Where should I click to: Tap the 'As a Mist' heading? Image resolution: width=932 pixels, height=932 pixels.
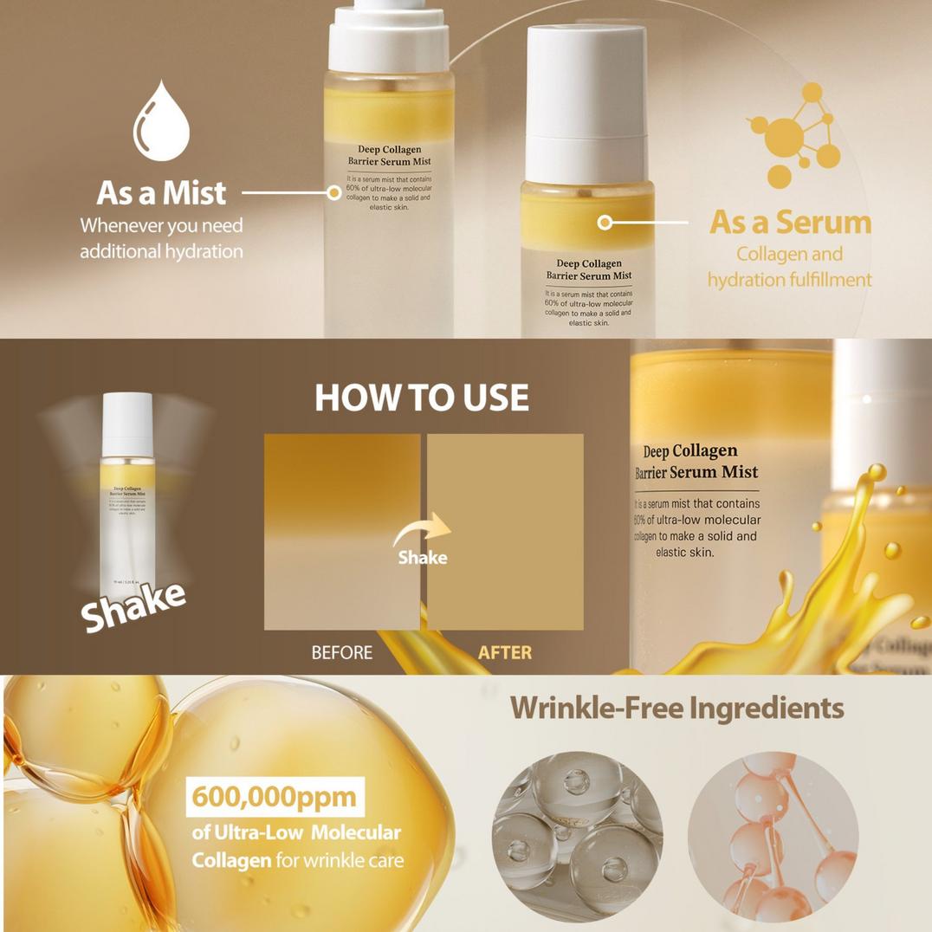pyautogui.click(x=161, y=192)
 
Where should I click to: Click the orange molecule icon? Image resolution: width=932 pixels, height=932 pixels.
pyautogui.click(x=793, y=135)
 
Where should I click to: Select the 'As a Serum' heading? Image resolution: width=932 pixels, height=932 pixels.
pyautogui.click(x=790, y=223)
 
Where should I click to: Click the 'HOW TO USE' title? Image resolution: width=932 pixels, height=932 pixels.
pyautogui.click(x=421, y=398)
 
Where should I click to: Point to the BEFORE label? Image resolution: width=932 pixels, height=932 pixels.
pyautogui.click(x=342, y=652)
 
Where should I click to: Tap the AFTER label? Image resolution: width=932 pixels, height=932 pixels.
pyautogui.click(x=505, y=652)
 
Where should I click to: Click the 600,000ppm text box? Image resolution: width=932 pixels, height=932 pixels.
pyautogui.click(x=274, y=796)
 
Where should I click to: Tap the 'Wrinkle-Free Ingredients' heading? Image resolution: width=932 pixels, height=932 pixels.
pyautogui.click(x=676, y=708)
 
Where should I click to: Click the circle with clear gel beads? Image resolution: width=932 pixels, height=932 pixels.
pyautogui.click(x=577, y=836)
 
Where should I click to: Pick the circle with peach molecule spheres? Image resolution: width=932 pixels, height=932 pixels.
pyautogui.click(x=773, y=836)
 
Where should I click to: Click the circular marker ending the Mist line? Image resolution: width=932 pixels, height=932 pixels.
pyautogui.click(x=334, y=193)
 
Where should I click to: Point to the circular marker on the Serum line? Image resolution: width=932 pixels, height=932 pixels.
pyautogui.click(x=605, y=223)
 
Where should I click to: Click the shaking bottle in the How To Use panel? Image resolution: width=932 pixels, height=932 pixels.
pyautogui.click(x=127, y=494)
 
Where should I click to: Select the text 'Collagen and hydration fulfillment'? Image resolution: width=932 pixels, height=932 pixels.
pyautogui.click(x=789, y=267)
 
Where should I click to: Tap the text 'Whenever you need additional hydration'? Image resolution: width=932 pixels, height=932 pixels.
pyautogui.click(x=161, y=238)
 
